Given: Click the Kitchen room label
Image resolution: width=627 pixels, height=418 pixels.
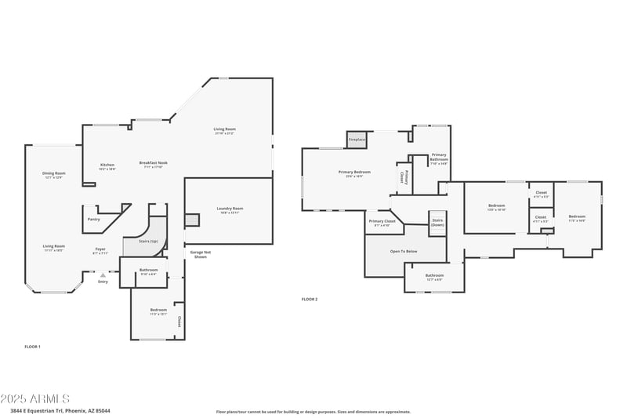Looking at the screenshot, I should click(107, 165).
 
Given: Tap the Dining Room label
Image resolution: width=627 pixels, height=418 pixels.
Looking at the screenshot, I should click(53, 173).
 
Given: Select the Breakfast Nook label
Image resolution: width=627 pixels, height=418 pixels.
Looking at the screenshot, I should click(154, 163).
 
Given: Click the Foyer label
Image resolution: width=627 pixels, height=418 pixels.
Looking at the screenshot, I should click(100, 249).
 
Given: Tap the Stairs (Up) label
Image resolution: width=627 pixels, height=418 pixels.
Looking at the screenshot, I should click(148, 242).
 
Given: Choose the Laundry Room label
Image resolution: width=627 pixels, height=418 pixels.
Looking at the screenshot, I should click(230, 209).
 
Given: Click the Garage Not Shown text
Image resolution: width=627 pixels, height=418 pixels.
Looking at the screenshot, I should click(200, 254).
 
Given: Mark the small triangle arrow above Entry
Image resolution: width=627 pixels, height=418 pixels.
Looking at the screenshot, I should click(103, 274).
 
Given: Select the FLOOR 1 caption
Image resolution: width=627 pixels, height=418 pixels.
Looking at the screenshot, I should click(32, 346).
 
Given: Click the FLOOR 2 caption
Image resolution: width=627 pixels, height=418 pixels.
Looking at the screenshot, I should click(310, 299).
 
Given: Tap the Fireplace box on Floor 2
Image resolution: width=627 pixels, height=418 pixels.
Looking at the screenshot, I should click(357, 140).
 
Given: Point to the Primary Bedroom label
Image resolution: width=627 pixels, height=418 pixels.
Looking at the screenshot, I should click(354, 172).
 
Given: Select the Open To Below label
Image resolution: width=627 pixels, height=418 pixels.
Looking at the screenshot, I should click(404, 252).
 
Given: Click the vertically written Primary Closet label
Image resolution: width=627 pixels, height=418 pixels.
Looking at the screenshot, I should click(403, 177).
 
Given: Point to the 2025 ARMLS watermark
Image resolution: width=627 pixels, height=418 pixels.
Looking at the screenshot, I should click(35, 399).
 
